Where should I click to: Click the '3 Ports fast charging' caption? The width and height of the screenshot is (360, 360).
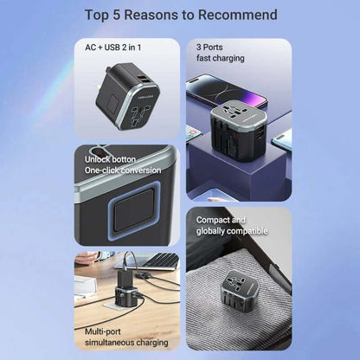coord(220,53)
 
